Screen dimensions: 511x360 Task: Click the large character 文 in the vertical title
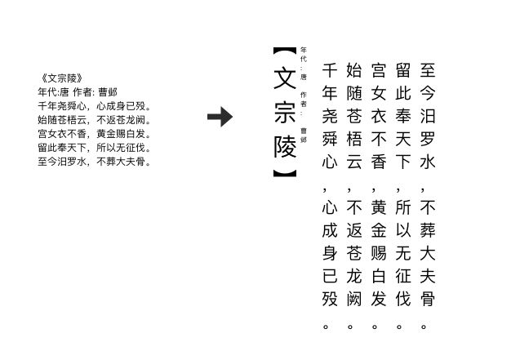click(x=282, y=78)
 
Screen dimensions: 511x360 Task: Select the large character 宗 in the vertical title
click(x=282, y=113)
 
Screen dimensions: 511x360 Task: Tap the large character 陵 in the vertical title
click(x=282, y=147)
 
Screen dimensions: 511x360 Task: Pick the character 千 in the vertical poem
click(x=330, y=69)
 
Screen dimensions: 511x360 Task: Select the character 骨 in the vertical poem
click(x=426, y=299)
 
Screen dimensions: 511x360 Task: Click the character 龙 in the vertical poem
click(x=353, y=276)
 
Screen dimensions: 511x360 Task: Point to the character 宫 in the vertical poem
click(x=378, y=69)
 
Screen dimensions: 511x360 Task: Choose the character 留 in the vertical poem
click(x=402, y=69)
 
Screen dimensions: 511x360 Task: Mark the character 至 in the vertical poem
click(x=426, y=69)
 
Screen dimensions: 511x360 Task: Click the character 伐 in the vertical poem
click(x=402, y=299)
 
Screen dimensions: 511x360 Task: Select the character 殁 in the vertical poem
click(x=330, y=299)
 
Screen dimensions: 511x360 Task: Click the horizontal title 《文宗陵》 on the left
click(x=60, y=78)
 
